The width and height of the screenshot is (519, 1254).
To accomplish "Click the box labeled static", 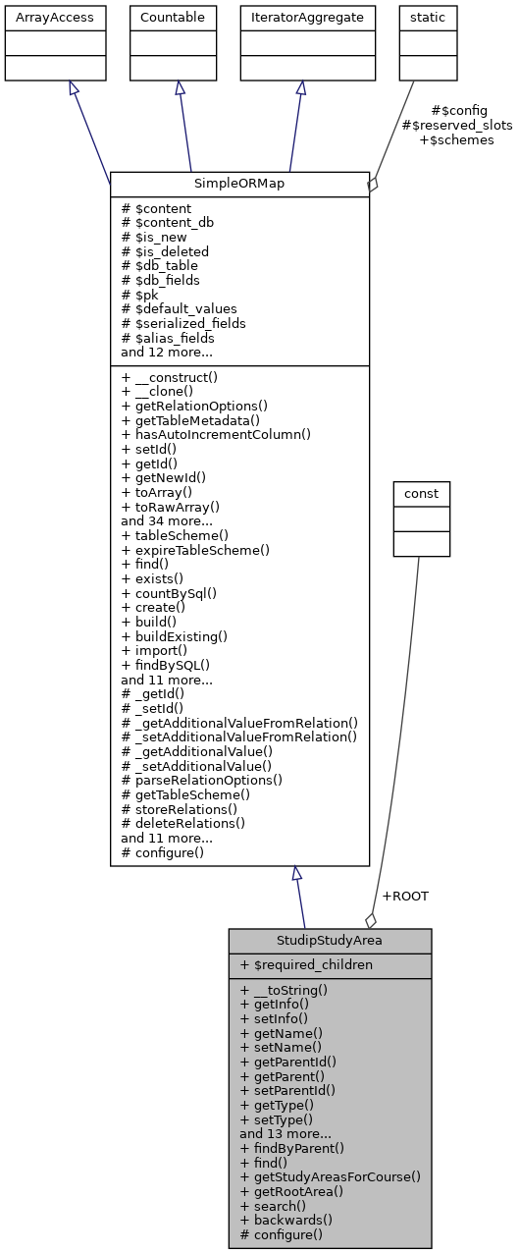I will (x=427, y=18).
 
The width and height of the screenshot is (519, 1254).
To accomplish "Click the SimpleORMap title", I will (x=239, y=184).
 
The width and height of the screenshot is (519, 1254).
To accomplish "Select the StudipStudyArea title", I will (x=330, y=941).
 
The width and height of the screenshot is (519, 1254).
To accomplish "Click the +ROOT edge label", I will (x=404, y=896).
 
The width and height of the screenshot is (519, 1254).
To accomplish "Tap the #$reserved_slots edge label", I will (x=457, y=126).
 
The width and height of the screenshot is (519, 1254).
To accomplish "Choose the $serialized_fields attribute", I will (x=183, y=323).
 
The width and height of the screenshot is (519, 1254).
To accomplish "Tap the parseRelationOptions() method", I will (x=201, y=780).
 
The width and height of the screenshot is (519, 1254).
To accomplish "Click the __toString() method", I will (x=285, y=990).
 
